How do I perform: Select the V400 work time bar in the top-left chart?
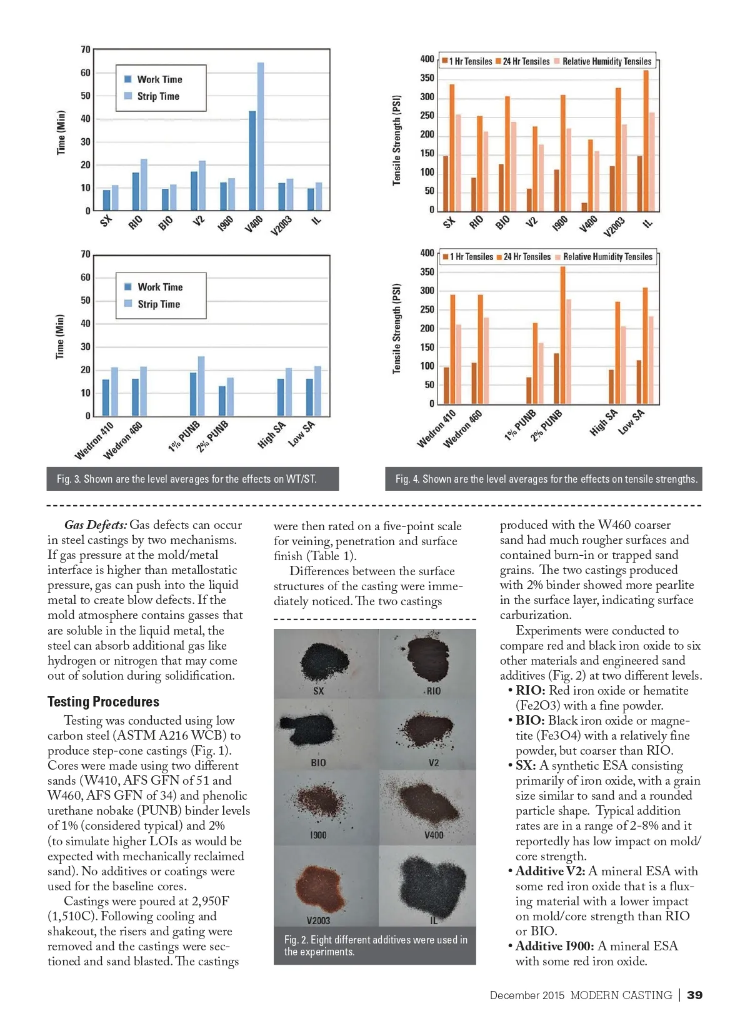pos(252,161)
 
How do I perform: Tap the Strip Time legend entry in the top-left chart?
pos(152,96)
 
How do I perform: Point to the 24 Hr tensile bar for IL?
pos(646,141)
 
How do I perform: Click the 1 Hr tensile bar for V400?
pos(584,206)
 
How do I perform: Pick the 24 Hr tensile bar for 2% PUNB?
pos(562,335)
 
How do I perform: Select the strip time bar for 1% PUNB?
pos(201,386)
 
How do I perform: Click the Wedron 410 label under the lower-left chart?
pos(94,440)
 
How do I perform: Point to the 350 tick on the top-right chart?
pos(427,78)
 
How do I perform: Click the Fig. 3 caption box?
pos(192,479)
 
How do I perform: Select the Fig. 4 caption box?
pos(544,479)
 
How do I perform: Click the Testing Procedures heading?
pos(103,702)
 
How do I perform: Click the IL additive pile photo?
pos(432,882)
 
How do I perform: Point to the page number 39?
pos(694,995)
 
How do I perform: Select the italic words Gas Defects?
pos(96,525)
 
